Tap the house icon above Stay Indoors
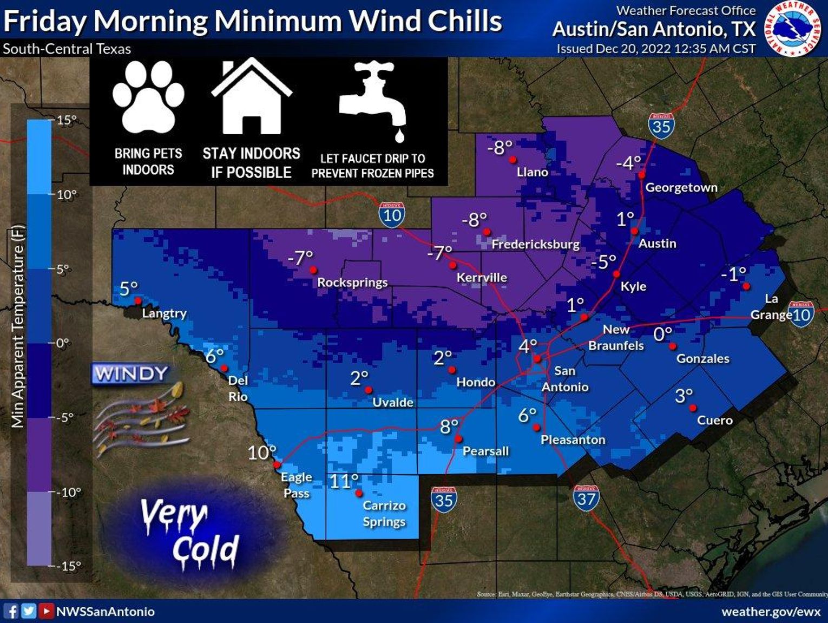[x=251, y=97]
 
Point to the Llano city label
[x=532, y=172]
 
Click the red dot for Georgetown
[x=641, y=175]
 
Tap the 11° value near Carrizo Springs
[x=344, y=481]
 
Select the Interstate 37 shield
[x=586, y=498]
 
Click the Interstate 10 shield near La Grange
[x=801, y=314]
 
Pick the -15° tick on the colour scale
[x=69, y=566]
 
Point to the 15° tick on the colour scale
[x=66, y=120]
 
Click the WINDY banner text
[x=131, y=373]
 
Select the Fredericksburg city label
[x=535, y=244]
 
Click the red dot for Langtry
[x=138, y=300]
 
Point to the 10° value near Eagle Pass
[x=262, y=453]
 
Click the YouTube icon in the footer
[x=47, y=611]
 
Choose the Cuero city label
[x=714, y=421]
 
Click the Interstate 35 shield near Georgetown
[x=661, y=126]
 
